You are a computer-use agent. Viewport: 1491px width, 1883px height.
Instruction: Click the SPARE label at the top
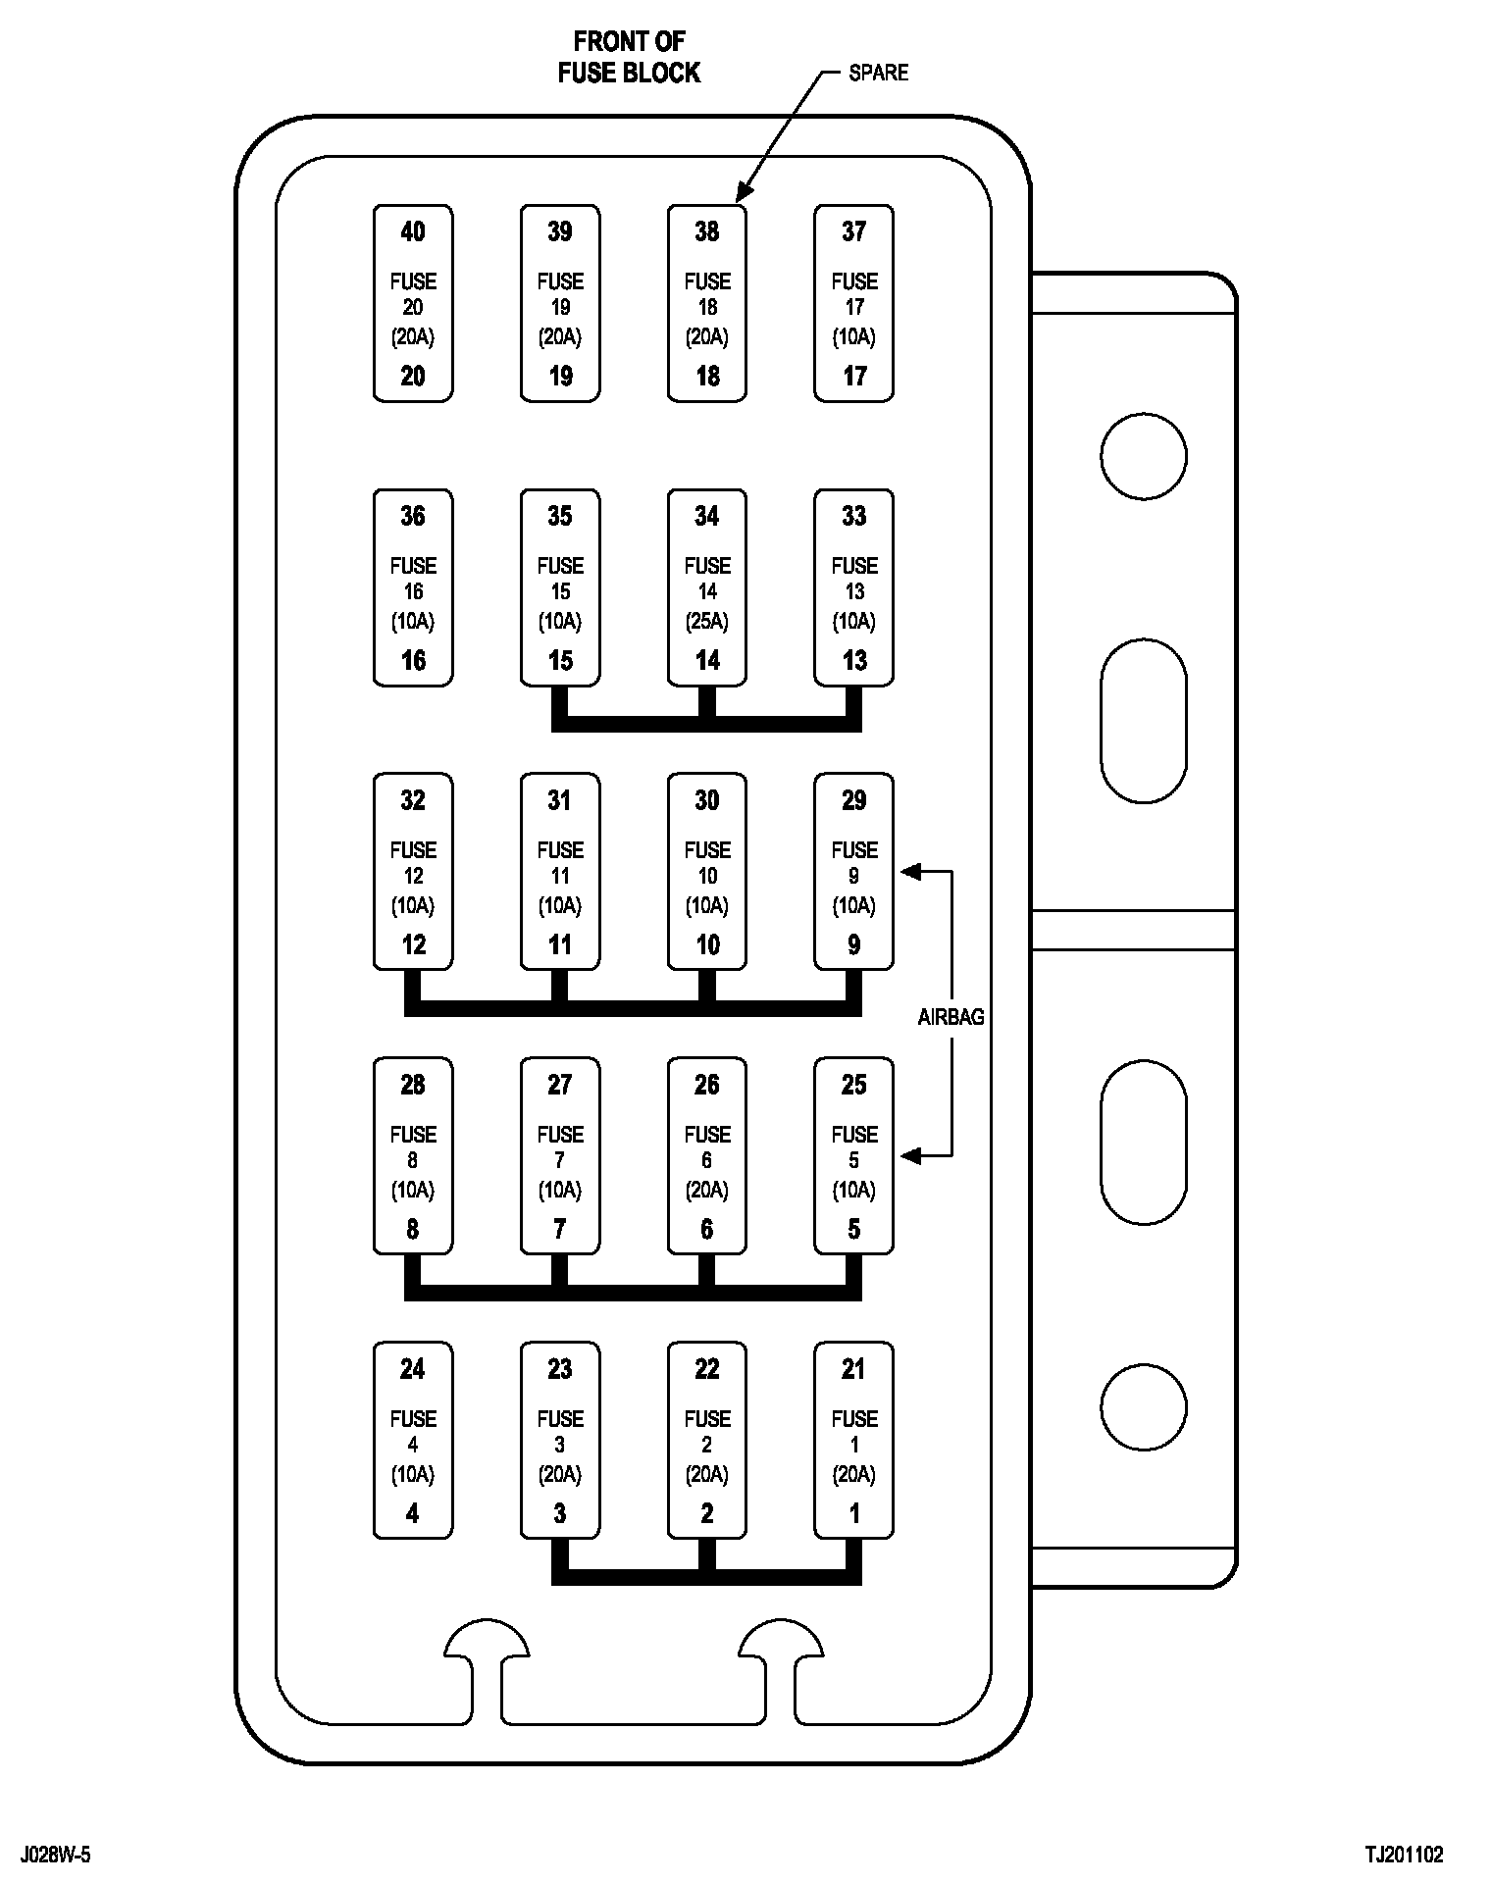(x=878, y=73)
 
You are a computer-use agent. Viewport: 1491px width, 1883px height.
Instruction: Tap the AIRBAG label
(x=951, y=1017)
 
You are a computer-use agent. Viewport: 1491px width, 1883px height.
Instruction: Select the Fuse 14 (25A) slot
(x=707, y=587)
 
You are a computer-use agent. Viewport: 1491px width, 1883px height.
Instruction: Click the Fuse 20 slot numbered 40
(x=413, y=303)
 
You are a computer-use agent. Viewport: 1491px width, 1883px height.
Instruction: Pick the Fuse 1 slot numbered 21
(x=853, y=1441)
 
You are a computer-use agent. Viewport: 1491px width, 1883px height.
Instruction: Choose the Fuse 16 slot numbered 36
(x=413, y=587)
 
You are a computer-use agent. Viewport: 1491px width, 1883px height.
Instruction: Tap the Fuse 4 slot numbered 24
(x=413, y=1441)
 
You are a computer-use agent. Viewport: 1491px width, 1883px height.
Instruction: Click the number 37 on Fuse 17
(x=853, y=231)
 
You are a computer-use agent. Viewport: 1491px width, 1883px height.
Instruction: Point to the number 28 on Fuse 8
(x=413, y=1085)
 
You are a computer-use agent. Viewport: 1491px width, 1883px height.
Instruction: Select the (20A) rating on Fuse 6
(x=707, y=1190)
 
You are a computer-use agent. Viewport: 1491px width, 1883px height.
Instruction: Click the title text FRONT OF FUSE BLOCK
(x=629, y=57)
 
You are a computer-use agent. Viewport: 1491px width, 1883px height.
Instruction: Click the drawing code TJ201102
(x=1404, y=1855)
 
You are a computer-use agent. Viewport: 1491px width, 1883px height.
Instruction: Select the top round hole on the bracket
(x=1143, y=456)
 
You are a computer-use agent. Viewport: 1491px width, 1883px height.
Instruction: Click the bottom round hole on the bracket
(x=1143, y=1406)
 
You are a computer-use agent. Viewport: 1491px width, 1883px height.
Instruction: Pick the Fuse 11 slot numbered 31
(x=560, y=872)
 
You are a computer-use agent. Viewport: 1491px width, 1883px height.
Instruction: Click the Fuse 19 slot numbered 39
(x=560, y=303)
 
